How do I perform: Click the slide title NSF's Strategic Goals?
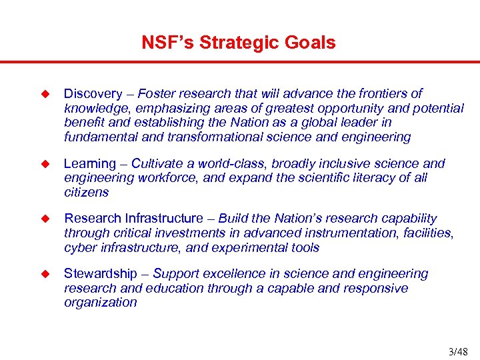click(x=239, y=43)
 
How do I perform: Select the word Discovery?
click(x=93, y=94)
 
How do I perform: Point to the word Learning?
click(x=90, y=164)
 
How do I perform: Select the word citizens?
click(x=86, y=193)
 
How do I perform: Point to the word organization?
click(x=101, y=303)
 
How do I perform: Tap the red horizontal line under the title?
click(x=240, y=63)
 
